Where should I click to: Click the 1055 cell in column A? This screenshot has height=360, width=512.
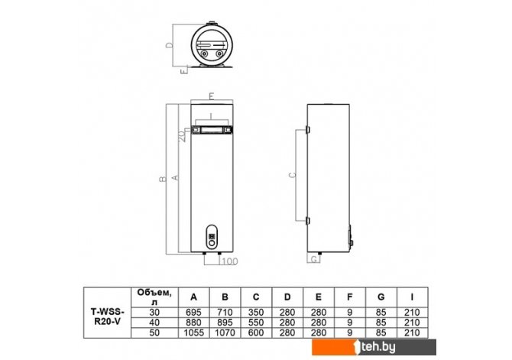(x=193, y=332)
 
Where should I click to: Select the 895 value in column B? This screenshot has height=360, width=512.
(x=225, y=323)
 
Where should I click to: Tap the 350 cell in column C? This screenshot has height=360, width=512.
(x=256, y=313)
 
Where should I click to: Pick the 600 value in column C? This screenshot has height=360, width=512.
(x=256, y=332)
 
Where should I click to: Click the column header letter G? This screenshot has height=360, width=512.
(x=381, y=297)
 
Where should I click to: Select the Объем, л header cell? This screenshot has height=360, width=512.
(x=154, y=297)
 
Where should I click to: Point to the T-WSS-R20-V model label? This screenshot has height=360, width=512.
(x=108, y=316)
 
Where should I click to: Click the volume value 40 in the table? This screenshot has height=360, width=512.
(x=154, y=323)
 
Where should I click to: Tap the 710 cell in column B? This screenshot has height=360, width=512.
(x=225, y=313)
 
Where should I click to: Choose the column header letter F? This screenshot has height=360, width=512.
(x=350, y=297)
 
